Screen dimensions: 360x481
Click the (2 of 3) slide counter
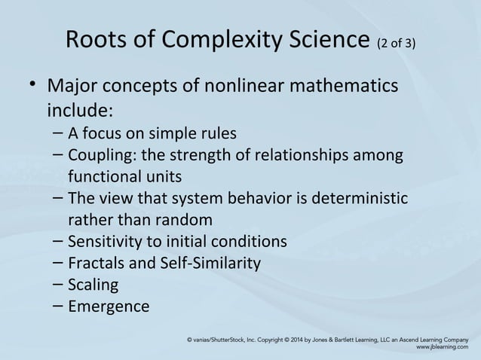394,44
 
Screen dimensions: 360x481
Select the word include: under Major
81,111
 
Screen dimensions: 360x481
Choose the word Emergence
109,307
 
